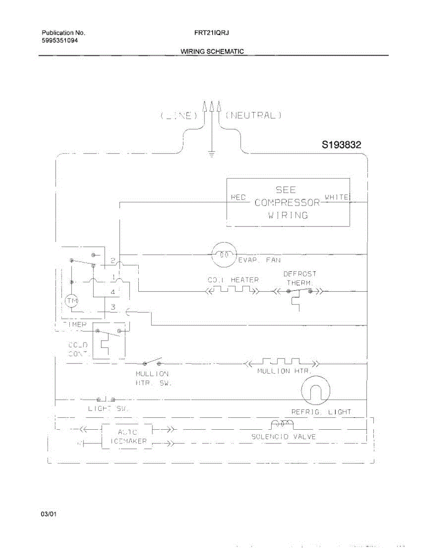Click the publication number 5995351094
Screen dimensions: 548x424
[60, 41]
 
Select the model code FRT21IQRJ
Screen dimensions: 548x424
[212, 33]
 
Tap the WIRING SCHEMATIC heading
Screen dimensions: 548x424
[212, 52]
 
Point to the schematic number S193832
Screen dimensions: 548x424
[341, 145]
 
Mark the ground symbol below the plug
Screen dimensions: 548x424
[211, 154]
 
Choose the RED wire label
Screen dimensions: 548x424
[238, 197]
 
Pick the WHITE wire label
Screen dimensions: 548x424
[336, 197]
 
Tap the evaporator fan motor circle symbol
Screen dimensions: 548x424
[224, 254]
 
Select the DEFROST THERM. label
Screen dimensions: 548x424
[300, 278]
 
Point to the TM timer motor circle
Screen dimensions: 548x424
[71, 301]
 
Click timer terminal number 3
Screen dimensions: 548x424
[112, 307]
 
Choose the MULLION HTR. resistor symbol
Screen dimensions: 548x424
[281, 363]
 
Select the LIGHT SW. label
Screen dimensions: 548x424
[108, 409]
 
